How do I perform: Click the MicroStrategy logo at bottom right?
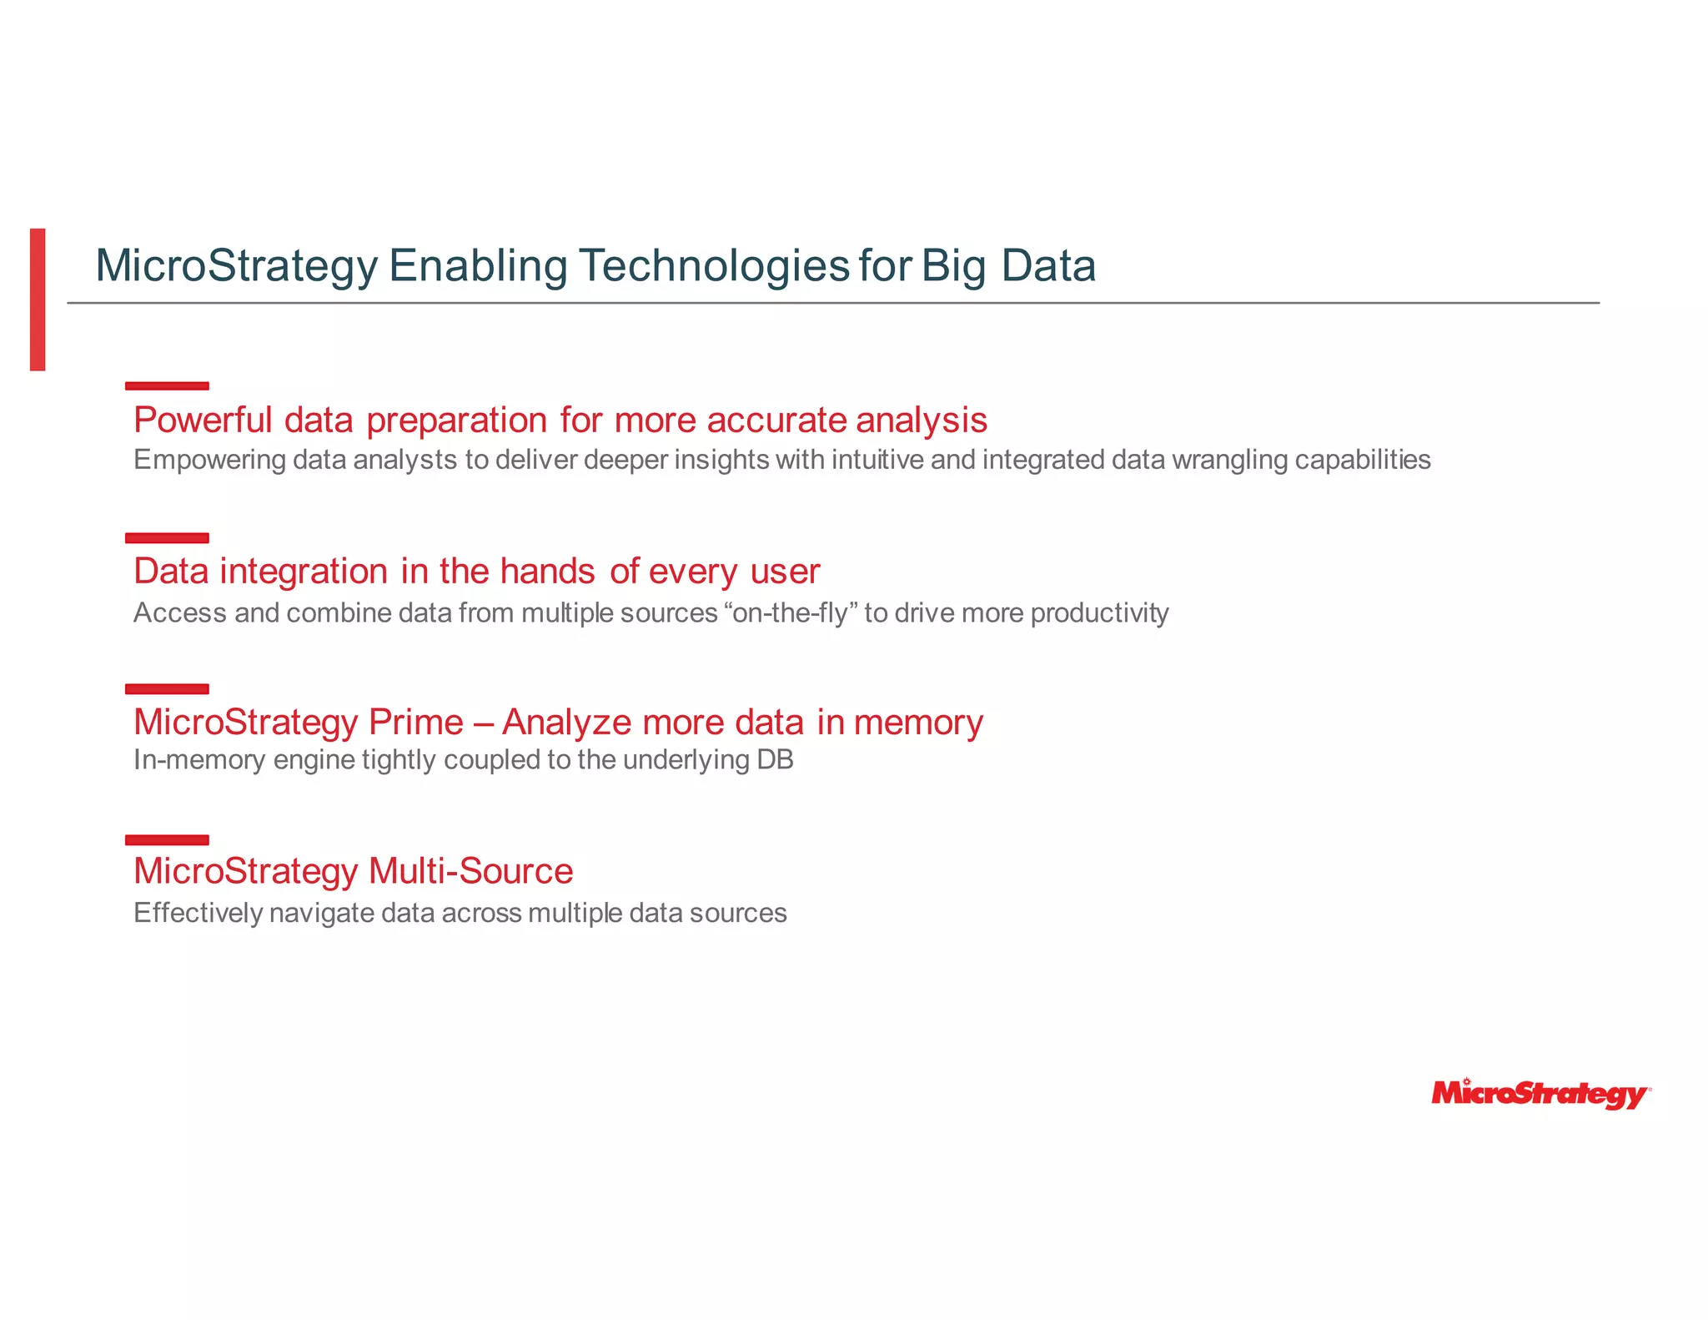[1540, 1094]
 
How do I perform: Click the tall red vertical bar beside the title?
[38, 299]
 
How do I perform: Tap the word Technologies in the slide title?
[714, 266]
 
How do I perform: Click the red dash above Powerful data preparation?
[167, 385]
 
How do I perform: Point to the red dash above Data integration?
[167, 537]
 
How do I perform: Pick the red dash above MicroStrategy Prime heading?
[167, 688]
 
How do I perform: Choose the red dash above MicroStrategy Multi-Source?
[167, 839]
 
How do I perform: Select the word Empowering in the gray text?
[209, 460]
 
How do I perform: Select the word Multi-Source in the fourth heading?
[470, 871]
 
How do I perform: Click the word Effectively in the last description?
[198, 913]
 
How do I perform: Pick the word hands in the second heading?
[547, 572]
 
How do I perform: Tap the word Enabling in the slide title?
[478, 266]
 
